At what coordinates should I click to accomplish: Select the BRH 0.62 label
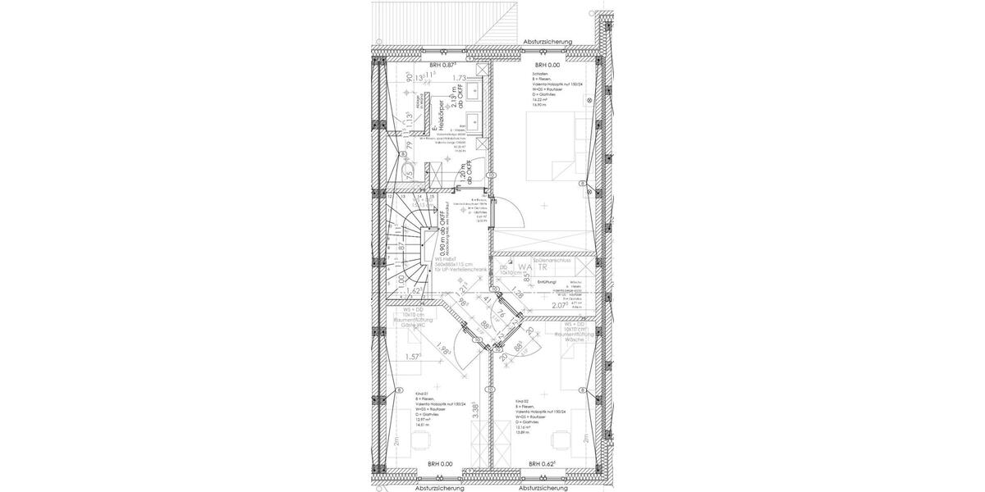(544, 463)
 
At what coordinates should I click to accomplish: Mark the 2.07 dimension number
(561, 305)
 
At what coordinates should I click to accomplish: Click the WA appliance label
(522, 267)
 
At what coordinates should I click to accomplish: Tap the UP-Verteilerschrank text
(462, 269)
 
